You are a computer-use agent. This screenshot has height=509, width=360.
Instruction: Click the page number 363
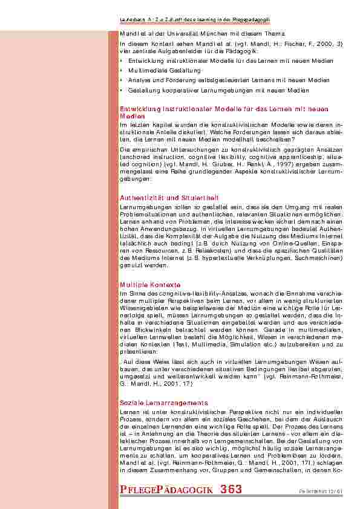pyautogui.click(x=232, y=490)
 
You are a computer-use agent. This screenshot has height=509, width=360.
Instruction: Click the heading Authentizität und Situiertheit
pyautogui.click(x=169, y=198)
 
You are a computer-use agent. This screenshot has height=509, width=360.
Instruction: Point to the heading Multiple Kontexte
pyautogui.click(x=149, y=284)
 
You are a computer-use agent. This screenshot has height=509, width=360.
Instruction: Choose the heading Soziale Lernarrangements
pyautogui.click(x=164, y=402)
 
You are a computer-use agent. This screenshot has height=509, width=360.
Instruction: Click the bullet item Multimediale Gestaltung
pyautogui.click(x=156, y=71)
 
